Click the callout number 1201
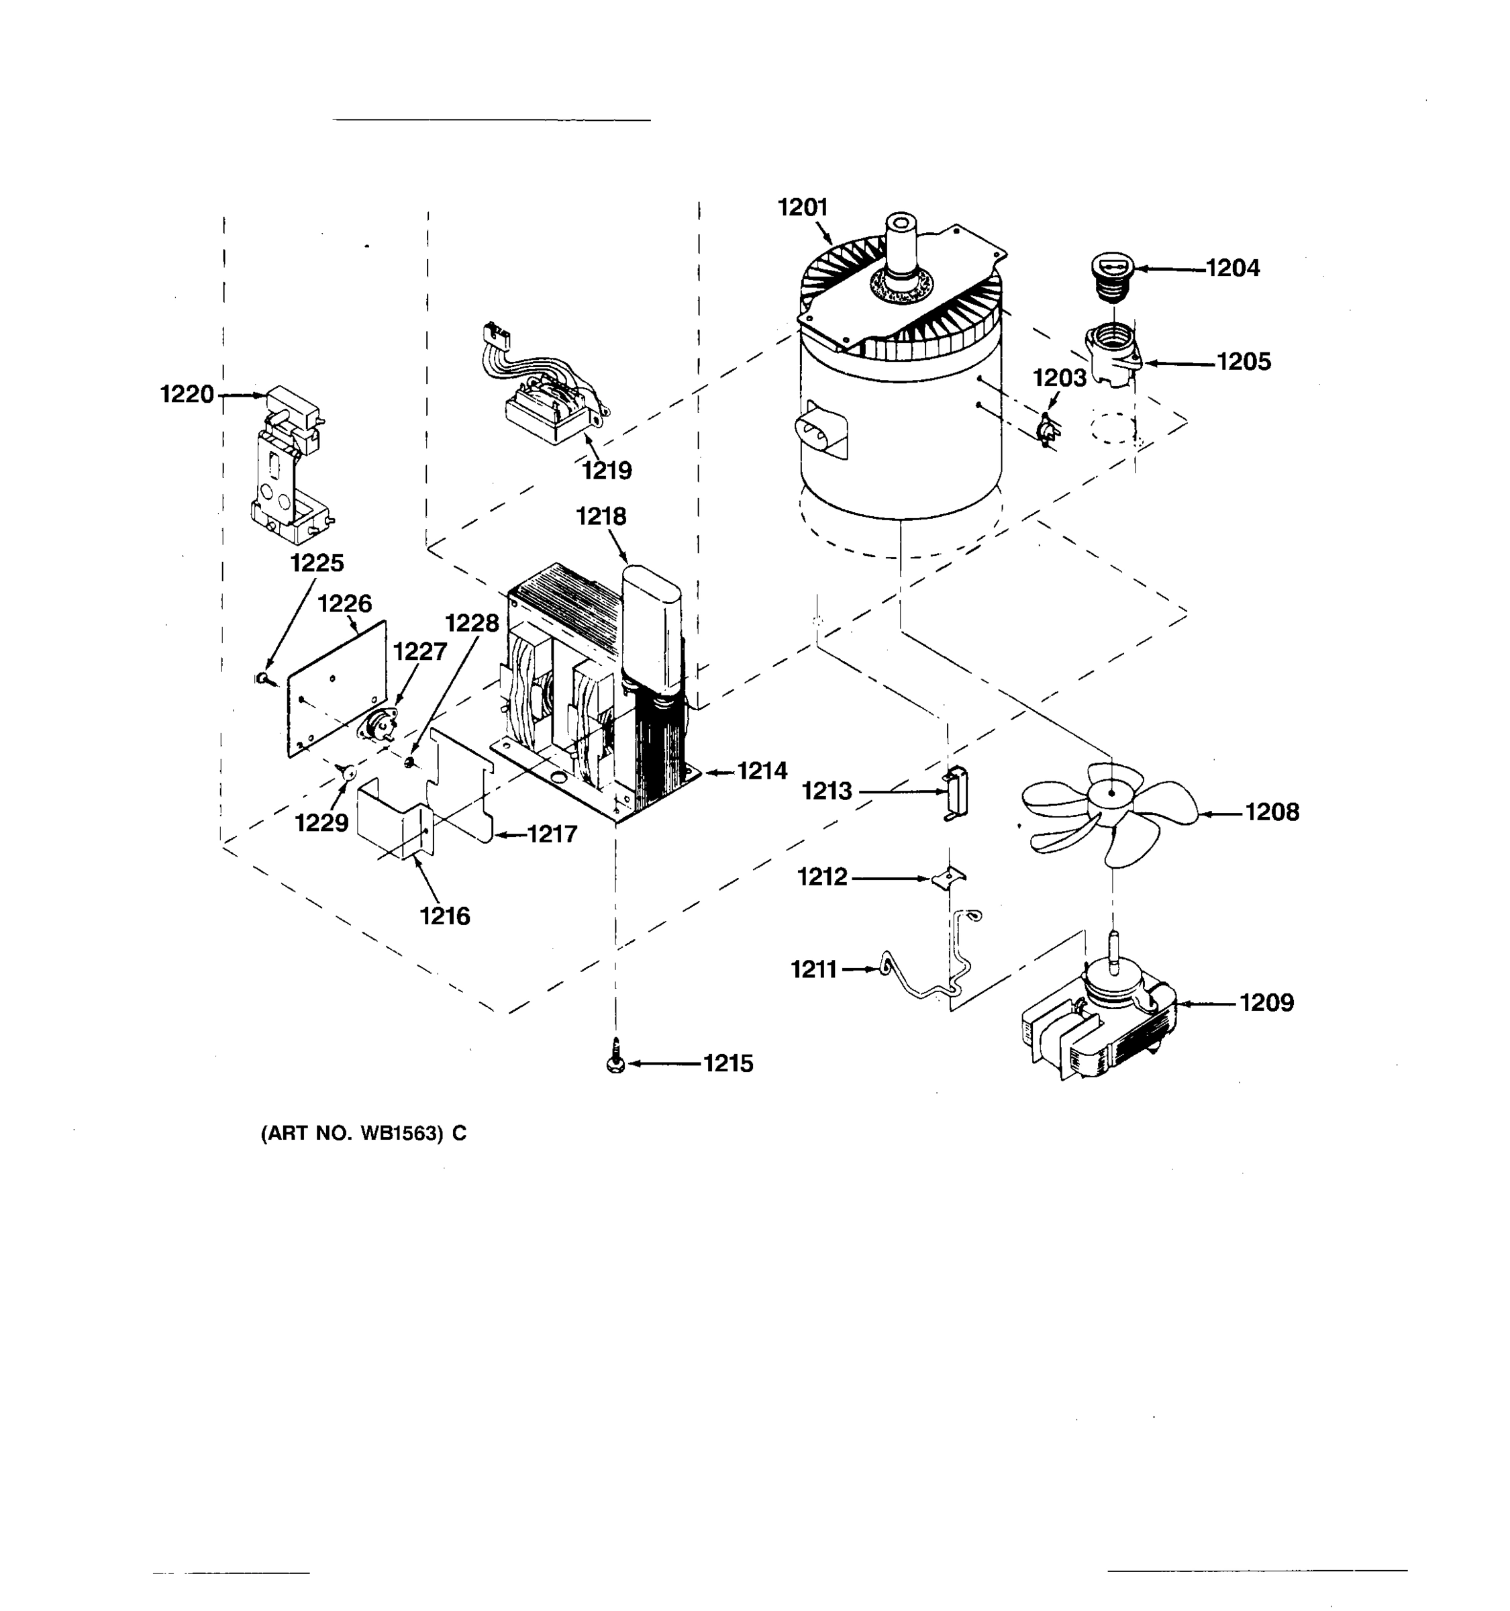coord(802,208)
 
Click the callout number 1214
coord(762,771)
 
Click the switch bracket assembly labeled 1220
coord(289,466)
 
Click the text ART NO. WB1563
coord(363,1134)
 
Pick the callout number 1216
coord(445,916)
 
